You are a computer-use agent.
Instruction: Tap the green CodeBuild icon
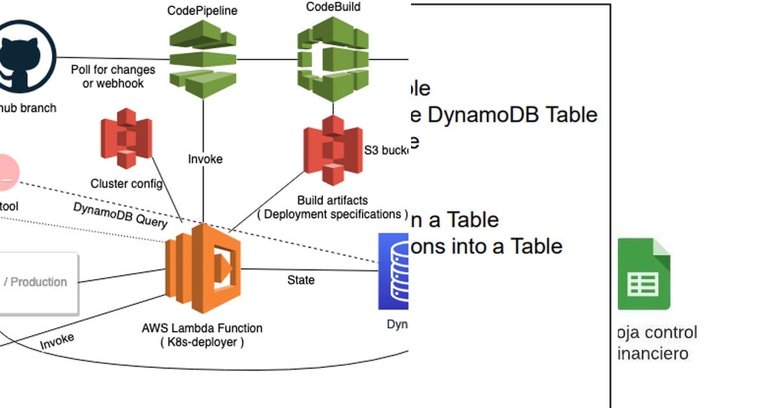click(x=333, y=59)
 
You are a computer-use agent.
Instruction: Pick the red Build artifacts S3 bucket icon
click(x=333, y=150)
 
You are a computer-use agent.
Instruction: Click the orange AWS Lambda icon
click(x=203, y=269)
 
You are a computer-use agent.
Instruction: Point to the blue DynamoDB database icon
click(x=394, y=271)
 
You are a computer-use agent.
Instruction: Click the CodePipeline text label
click(x=202, y=10)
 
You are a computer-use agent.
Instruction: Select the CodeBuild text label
click(x=333, y=7)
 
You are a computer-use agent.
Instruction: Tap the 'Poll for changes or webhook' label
click(x=113, y=76)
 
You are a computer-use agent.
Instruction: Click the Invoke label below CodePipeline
click(x=205, y=159)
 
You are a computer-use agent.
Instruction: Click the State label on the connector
click(x=301, y=280)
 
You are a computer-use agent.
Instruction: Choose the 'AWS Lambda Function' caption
click(x=202, y=328)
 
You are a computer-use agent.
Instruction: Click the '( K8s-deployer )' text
click(x=202, y=343)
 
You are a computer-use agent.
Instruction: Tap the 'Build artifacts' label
click(x=332, y=200)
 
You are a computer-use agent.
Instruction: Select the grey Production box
click(x=39, y=282)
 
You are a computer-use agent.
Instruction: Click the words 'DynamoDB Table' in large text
click(x=512, y=115)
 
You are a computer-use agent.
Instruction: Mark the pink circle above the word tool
click(x=6, y=173)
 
